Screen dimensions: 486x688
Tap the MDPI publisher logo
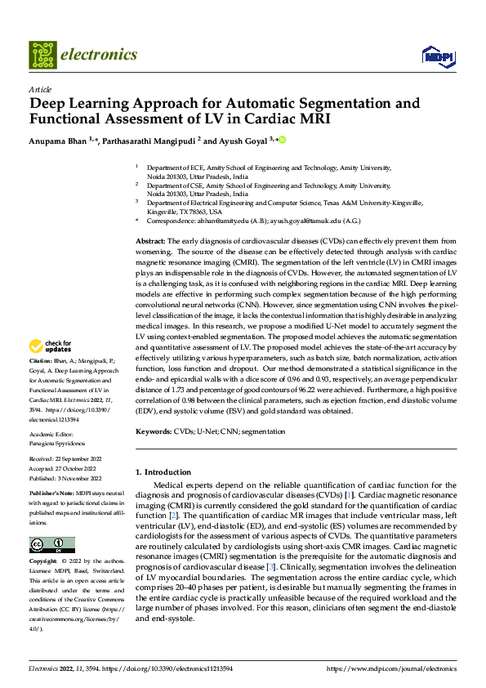click(433, 56)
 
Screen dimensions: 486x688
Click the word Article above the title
click(40, 89)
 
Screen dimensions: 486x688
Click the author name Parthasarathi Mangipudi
click(149, 141)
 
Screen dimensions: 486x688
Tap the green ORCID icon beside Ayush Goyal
click(283, 140)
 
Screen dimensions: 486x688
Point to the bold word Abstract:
click(149, 242)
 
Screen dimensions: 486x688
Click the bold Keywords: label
click(154, 430)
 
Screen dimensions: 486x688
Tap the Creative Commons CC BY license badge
click(51, 545)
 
